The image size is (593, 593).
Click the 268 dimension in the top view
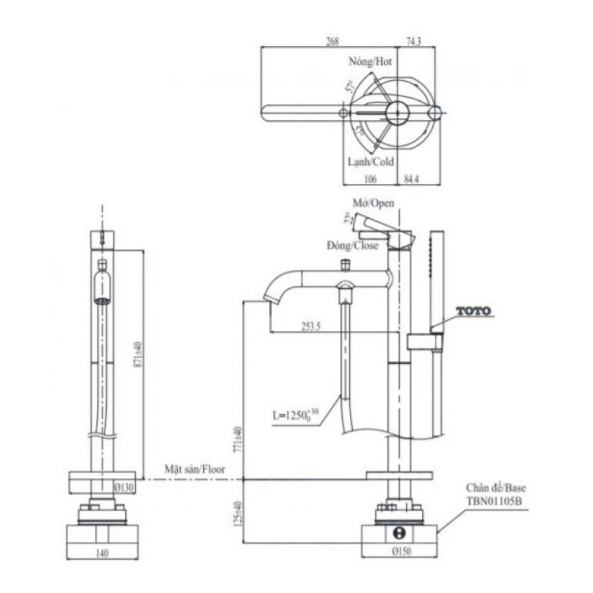[333, 42]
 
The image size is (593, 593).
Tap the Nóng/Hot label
[371, 61]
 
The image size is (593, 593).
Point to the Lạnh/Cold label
[371, 161]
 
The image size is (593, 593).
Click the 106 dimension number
[369, 178]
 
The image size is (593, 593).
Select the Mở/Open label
[374, 203]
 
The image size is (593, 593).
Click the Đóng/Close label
[352, 246]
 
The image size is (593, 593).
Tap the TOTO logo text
[473, 310]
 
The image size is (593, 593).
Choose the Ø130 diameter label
[124, 487]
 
